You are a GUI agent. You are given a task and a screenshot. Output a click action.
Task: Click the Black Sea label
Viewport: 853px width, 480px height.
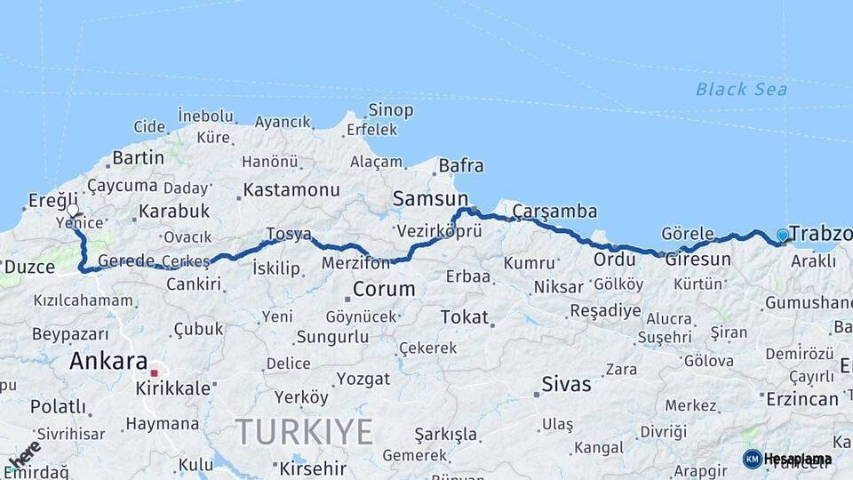pyautogui.click(x=741, y=89)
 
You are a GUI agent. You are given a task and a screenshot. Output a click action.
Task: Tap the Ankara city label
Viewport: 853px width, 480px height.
pyautogui.click(x=108, y=362)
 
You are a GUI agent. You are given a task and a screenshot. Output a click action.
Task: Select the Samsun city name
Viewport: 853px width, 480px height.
pyautogui.click(x=430, y=199)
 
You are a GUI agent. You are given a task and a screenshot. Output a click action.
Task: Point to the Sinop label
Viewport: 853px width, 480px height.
pyautogui.click(x=391, y=110)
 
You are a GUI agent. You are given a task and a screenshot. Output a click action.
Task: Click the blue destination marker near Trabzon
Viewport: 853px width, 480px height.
pyautogui.click(x=782, y=235)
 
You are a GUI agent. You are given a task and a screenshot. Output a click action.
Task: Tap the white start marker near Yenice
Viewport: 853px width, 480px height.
pyautogui.click(x=72, y=211)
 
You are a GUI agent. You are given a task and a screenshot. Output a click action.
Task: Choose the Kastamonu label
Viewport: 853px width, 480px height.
pyautogui.click(x=291, y=189)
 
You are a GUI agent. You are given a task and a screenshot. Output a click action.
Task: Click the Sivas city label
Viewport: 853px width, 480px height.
pyautogui.click(x=566, y=385)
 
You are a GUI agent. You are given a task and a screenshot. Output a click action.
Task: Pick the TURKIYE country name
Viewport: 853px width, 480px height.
pyautogui.click(x=305, y=432)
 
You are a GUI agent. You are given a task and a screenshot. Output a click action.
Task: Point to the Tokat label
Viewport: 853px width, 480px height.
pyautogui.click(x=465, y=316)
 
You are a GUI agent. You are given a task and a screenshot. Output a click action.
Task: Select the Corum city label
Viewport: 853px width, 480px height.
pyautogui.click(x=384, y=289)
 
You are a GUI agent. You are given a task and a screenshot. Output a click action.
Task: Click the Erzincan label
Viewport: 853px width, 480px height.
pyautogui.click(x=801, y=399)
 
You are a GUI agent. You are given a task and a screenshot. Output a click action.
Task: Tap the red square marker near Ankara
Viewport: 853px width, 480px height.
pyautogui.click(x=154, y=372)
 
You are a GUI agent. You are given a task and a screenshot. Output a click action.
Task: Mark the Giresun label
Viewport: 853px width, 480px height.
pyautogui.click(x=698, y=260)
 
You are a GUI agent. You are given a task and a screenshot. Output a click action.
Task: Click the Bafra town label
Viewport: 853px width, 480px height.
pyautogui.click(x=461, y=165)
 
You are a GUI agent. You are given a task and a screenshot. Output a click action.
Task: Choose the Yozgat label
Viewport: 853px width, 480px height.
pyautogui.click(x=363, y=378)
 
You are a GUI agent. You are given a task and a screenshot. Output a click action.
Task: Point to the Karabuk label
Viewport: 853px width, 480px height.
pyautogui.click(x=174, y=212)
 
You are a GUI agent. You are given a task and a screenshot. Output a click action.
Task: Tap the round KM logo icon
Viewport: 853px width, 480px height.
pyautogui.click(x=752, y=459)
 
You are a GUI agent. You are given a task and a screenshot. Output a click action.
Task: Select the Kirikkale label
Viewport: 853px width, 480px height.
pyautogui.click(x=173, y=388)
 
